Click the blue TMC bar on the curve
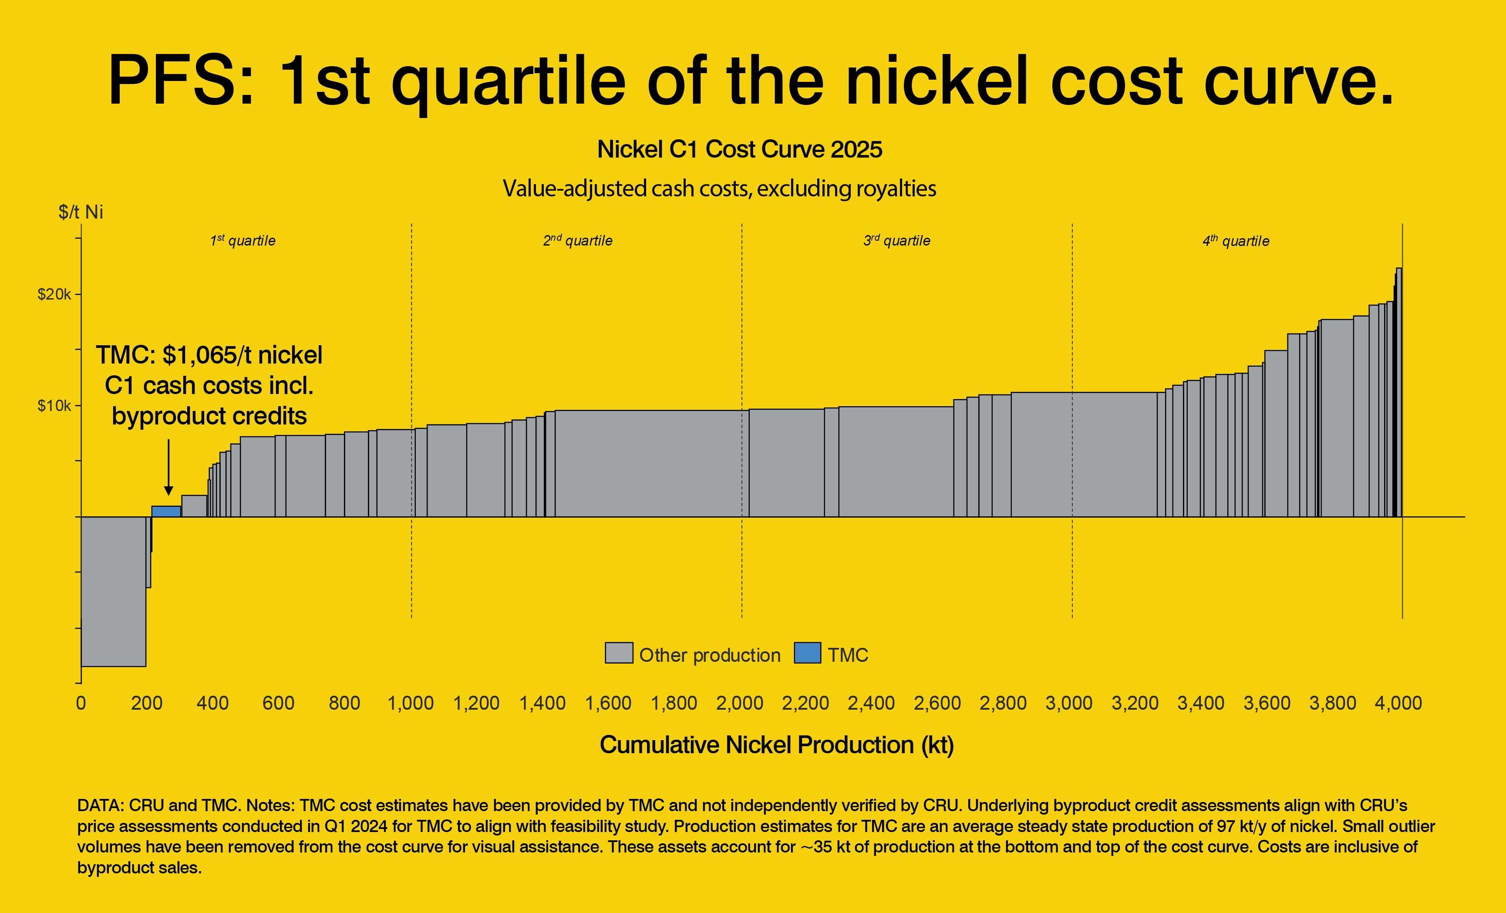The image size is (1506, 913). click(166, 512)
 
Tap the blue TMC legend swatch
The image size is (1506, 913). click(807, 653)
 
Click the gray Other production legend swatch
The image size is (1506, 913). click(619, 653)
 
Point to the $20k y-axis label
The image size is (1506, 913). click(54, 295)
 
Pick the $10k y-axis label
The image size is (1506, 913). click(54, 406)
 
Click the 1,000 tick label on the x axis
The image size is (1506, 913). click(410, 704)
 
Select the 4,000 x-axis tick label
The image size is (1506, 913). click(1398, 704)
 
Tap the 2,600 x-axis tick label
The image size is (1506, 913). click(937, 704)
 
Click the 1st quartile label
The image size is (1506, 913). click(243, 241)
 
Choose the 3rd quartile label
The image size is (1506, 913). click(896, 241)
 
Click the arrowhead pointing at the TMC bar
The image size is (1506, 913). click(168, 491)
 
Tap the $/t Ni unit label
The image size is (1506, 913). click(81, 212)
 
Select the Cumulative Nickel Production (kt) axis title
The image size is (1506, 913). click(776, 745)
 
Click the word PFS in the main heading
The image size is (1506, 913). click(180, 81)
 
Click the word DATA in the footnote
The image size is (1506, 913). click(98, 805)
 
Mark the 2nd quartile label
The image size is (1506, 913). click(578, 241)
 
